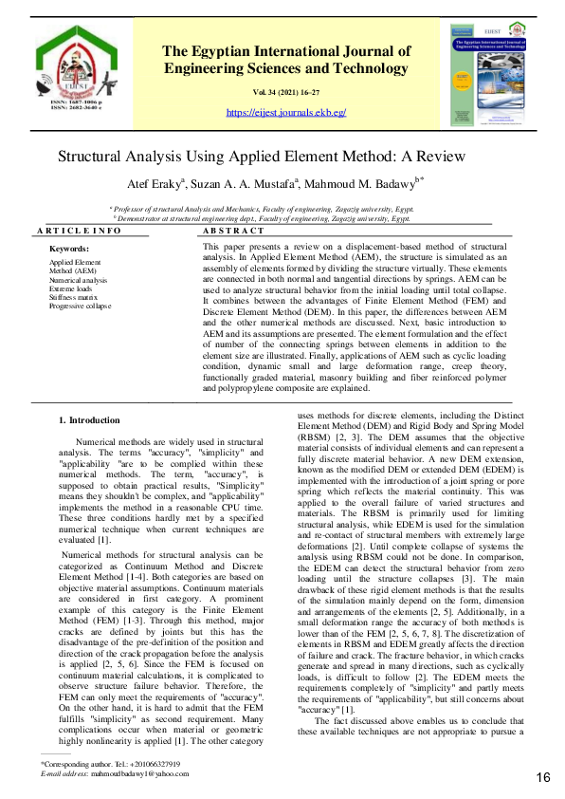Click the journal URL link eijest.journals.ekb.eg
click(286, 112)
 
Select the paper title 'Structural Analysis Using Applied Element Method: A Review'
click(262, 157)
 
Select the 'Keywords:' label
click(68, 249)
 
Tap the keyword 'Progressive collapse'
click(80, 307)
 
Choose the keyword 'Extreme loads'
click(72, 288)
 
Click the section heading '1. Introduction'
click(89, 419)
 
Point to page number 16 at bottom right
click(543, 778)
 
